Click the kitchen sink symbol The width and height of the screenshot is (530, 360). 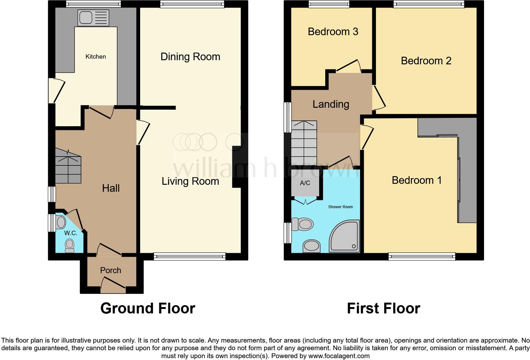(93, 17)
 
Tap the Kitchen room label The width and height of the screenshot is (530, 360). (95, 57)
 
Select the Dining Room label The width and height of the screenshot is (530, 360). (190, 57)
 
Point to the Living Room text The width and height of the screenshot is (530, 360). (190, 181)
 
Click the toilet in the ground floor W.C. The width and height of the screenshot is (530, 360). (69, 246)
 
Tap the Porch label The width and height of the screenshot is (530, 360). (111, 270)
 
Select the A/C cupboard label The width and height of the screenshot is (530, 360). (305, 183)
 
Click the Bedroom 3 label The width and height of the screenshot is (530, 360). (333, 32)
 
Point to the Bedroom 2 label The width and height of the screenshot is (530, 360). (426, 61)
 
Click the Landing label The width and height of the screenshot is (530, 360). (331, 104)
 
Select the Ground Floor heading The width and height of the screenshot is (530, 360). (148, 308)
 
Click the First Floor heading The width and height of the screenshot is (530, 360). (383, 308)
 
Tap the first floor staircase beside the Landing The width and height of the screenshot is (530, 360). (304, 143)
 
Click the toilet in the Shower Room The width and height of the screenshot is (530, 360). (302, 224)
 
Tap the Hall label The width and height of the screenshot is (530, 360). (111, 188)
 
